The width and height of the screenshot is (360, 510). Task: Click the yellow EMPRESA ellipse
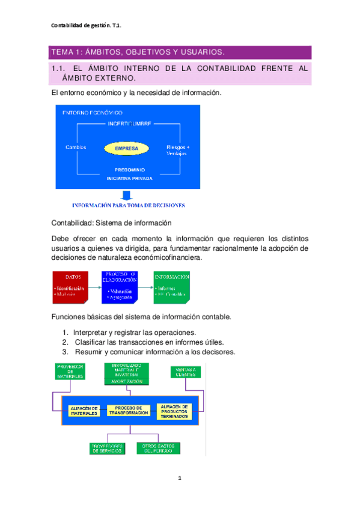click(126, 148)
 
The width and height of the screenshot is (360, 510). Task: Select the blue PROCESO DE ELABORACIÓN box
click(119, 286)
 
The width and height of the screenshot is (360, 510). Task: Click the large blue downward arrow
click(126, 195)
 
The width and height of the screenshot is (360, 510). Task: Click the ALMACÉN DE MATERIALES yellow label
click(83, 411)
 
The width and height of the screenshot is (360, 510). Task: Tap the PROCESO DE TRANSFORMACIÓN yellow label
click(128, 411)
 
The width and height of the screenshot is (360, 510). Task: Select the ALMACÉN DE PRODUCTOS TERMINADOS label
click(174, 411)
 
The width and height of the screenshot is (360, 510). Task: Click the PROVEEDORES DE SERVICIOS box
click(106, 448)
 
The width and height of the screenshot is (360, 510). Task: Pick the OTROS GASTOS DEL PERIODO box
click(159, 448)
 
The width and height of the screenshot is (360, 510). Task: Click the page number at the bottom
click(179, 479)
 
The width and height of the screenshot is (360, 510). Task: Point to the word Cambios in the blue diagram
click(76, 147)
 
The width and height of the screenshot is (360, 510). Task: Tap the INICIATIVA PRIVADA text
click(129, 179)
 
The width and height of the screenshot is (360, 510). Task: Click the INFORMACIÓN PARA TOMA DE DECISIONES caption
click(128, 205)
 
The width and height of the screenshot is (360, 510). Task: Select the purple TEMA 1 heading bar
click(179, 52)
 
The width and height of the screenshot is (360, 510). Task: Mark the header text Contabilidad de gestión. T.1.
click(87, 25)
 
